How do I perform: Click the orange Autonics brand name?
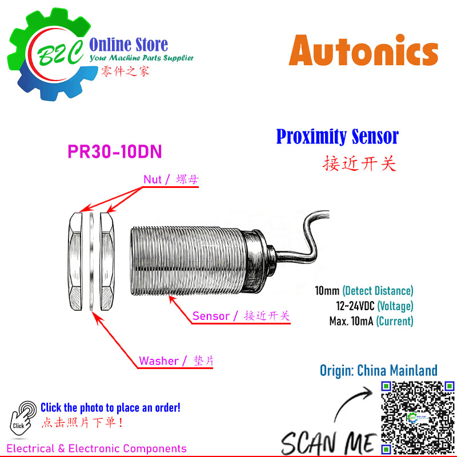(x=363, y=50)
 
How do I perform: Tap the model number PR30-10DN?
(x=115, y=151)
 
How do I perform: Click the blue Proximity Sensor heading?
(x=337, y=137)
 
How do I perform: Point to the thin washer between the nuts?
(x=91, y=262)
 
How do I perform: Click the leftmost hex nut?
(x=75, y=262)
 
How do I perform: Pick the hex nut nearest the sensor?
(x=107, y=262)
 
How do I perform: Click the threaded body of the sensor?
(x=187, y=261)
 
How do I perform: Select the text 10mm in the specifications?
(x=327, y=291)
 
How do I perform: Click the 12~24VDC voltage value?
(x=355, y=306)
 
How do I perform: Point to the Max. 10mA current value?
(x=351, y=321)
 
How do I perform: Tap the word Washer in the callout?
(x=159, y=361)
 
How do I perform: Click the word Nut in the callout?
(x=153, y=179)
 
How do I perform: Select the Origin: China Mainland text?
(x=379, y=370)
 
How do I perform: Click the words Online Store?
(x=129, y=45)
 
